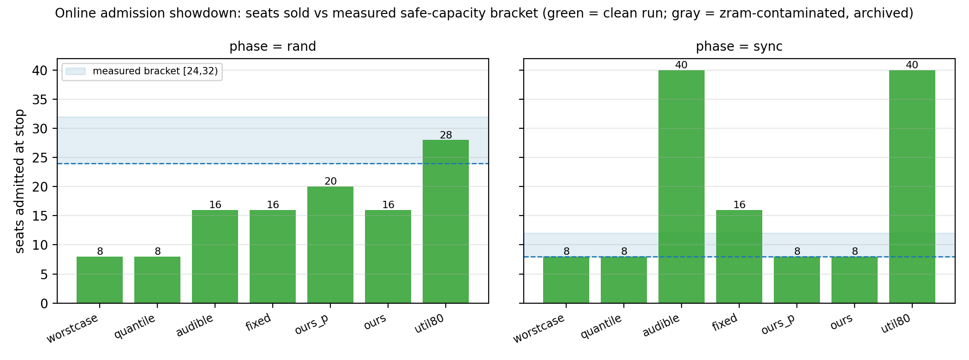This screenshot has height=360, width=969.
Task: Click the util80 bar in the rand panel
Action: pos(446,222)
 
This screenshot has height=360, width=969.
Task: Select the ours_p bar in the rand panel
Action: pos(330,245)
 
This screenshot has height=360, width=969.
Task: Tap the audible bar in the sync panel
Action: pos(682,186)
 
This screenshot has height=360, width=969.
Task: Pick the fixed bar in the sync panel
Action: pos(739,257)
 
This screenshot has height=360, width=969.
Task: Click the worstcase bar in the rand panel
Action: pos(100,280)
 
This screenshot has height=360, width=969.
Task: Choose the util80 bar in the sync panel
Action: pos(912,186)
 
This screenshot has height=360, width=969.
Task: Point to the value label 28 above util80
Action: pos(446,135)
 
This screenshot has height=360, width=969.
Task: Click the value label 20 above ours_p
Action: pos(330,181)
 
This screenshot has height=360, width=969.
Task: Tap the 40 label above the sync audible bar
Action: pos(682,65)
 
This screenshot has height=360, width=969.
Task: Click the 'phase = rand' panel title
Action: pos(273,47)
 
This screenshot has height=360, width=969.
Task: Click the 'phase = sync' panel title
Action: pos(739,47)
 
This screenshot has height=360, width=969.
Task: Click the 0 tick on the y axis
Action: pos(44,304)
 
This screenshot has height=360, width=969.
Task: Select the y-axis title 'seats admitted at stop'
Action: pos(19,181)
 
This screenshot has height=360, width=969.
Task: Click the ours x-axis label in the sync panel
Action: pos(841,322)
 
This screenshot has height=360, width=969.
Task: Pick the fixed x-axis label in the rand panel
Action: pos(258,323)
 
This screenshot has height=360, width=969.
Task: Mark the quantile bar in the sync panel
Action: pos(624,280)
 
